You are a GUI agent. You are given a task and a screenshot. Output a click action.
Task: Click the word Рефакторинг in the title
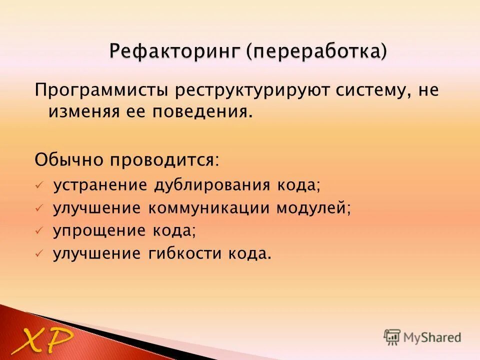click(174, 51)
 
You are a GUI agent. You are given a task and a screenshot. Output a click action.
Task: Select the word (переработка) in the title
click(316, 51)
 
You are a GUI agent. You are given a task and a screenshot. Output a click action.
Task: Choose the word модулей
click(313, 208)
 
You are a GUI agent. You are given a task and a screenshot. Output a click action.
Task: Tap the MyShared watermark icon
click(392, 337)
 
